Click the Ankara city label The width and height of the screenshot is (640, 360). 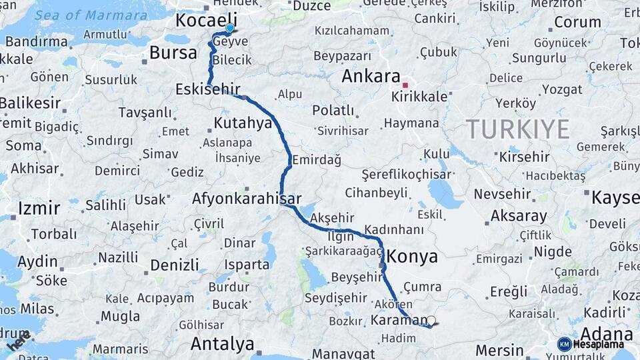371,76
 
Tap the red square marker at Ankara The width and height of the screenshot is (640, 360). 405,85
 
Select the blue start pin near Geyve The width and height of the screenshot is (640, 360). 229,28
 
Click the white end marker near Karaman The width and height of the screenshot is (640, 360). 431,321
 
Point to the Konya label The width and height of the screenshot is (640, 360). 412,257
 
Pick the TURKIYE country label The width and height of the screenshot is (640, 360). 517,128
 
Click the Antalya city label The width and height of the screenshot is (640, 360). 222,344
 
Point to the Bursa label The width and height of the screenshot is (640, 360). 173,53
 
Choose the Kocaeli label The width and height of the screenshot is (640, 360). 206,20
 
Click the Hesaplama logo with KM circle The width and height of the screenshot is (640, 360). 591,344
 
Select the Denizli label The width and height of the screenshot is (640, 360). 175,265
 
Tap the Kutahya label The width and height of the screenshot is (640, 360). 243,123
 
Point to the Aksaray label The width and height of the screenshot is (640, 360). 518,216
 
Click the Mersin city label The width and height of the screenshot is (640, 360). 499,349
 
